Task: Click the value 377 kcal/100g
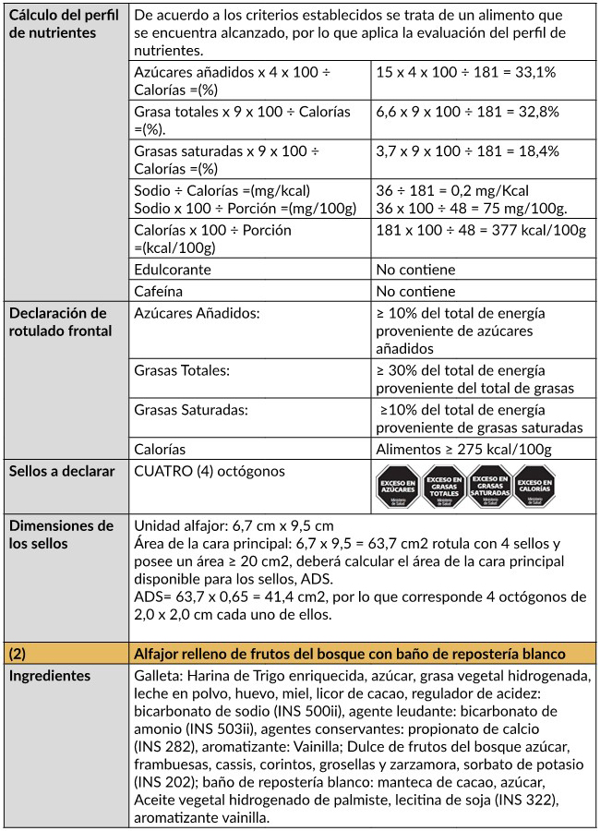pos(482,230)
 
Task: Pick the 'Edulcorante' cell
pos(173,270)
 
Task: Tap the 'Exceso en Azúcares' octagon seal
pos(397,486)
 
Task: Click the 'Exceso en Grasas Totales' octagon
pos(443,486)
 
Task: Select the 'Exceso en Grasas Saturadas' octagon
pos(489,486)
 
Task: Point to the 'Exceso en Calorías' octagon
pos(534,486)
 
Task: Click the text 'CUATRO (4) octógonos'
pos(210,472)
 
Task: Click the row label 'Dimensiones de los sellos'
pos(61,535)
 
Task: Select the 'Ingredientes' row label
pos(50,676)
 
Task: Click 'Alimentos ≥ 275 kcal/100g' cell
pos(464,450)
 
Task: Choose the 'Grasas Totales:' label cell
pos(182,370)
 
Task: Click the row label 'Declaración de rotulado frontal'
pos(57,322)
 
